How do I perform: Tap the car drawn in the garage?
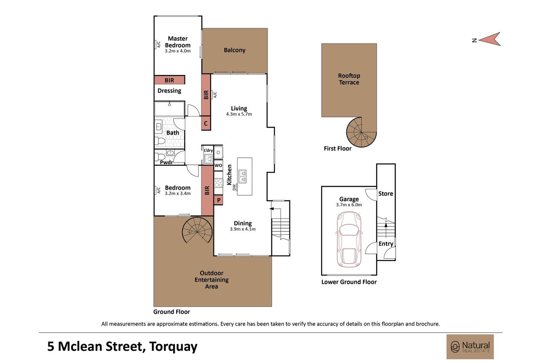(349, 240)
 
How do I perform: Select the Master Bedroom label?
(178, 42)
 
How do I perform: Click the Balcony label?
(235, 50)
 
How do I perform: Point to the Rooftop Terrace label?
(349, 79)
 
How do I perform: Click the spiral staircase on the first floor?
(362, 132)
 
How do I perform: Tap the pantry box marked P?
(218, 200)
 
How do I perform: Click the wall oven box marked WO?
(218, 165)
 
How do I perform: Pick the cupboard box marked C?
(206, 123)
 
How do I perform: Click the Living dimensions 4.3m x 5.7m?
(239, 114)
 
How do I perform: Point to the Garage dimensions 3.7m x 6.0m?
(349, 205)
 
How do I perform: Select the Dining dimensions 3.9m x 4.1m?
(243, 229)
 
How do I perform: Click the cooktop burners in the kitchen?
(218, 183)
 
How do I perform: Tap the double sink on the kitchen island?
(242, 176)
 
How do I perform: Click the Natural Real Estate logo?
(470, 347)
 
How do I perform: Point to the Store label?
(386, 194)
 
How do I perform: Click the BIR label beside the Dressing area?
(169, 80)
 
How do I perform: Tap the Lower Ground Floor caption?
(349, 282)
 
